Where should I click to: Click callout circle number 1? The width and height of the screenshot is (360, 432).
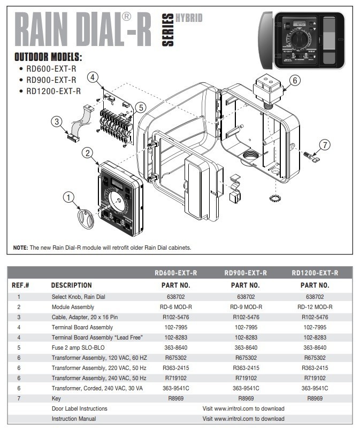pos(68,198)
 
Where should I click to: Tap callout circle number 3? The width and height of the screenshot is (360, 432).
pos(57,121)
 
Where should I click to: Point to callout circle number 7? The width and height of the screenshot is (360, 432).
pos(326,144)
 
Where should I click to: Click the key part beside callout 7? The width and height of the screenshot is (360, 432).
pos(311,157)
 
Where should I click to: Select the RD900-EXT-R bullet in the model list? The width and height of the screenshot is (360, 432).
pos(52,80)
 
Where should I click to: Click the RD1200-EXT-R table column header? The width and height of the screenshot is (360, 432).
pos(315,273)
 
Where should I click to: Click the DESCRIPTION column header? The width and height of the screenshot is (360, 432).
pos(72,285)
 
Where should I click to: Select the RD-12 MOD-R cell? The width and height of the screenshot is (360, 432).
pos(315,307)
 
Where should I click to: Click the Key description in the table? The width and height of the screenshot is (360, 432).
pos(56,398)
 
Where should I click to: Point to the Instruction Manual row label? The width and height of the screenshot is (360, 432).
pos(74,419)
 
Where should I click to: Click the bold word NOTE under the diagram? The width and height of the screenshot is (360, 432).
pos(20,248)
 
